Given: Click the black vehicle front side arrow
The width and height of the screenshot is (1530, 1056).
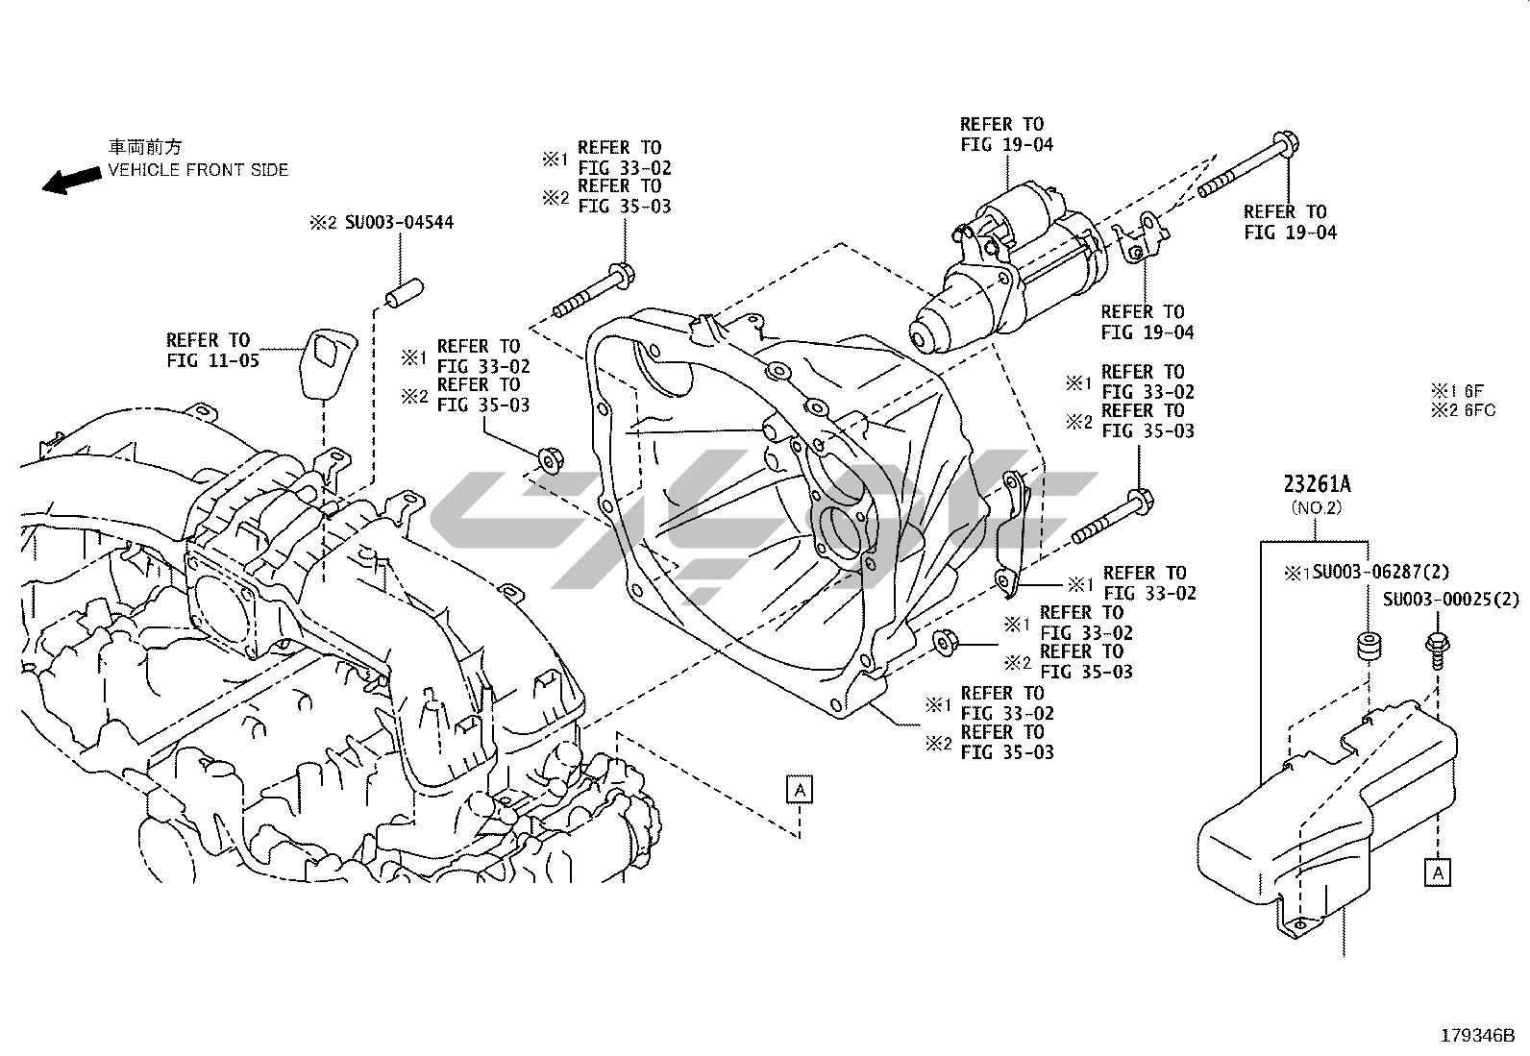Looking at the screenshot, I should [x=72, y=180].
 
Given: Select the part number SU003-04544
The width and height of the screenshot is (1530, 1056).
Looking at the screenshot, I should [x=394, y=223].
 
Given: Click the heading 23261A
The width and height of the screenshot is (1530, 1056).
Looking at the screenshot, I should [x=1314, y=485].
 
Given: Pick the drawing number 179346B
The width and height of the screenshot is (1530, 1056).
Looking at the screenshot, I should [x=1476, y=1037].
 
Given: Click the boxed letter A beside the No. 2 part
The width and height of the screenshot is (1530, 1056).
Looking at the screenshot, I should [x=1438, y=872].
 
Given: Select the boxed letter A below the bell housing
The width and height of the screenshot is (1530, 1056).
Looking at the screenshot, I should [x=800, y=790].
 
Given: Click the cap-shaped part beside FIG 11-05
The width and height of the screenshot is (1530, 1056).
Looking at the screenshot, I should [x=325, y=361].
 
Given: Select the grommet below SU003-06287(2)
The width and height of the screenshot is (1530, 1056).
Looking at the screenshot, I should [x=1368, y=647].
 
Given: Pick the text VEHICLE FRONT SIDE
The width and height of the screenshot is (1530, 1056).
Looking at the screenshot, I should [x=198, y=170].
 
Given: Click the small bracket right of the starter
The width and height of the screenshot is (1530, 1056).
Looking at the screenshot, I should [x=1141, y=240].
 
